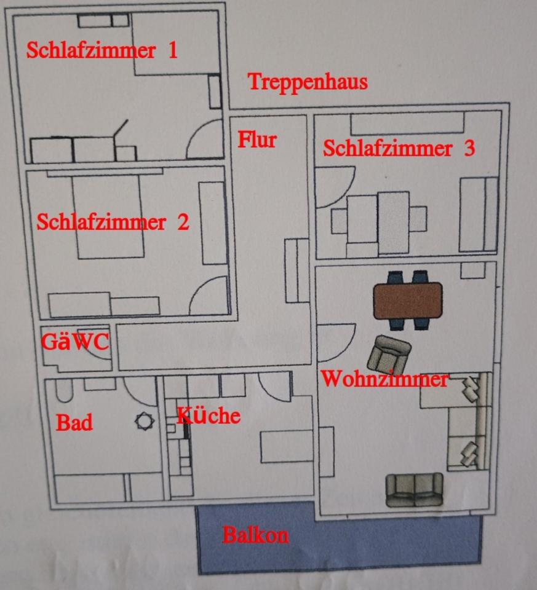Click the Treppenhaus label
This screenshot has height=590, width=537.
pyautogui.click(x=308, y=82)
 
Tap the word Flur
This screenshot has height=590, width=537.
pyautogui.click(x=257, y=140)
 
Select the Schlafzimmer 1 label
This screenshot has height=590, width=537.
pyautogui.click(x=101, y=50)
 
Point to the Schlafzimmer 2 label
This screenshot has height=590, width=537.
pyautogui.click(x=113, y=222)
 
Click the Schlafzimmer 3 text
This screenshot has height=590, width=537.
pyautogui.click(x=399, y=149)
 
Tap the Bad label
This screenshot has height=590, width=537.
pyautogui.click(x=74, y=423)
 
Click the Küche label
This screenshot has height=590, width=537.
pyautogui.click(x=209, y=416)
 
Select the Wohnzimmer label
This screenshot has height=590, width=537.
pyautogui.click(x=384, y=379)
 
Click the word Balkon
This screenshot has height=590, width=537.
pyautogui.click(x=255, y=535)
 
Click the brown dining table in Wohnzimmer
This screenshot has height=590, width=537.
pyautogui.click(x=408, y=300)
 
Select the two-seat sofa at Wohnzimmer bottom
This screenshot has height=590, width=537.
pyautogui.click(x=414, y=490)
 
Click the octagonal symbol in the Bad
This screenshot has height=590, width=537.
pyautogui.click(x=144, y=422)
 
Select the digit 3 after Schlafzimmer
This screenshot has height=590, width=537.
pyautogui.click(x=469, y=149)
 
